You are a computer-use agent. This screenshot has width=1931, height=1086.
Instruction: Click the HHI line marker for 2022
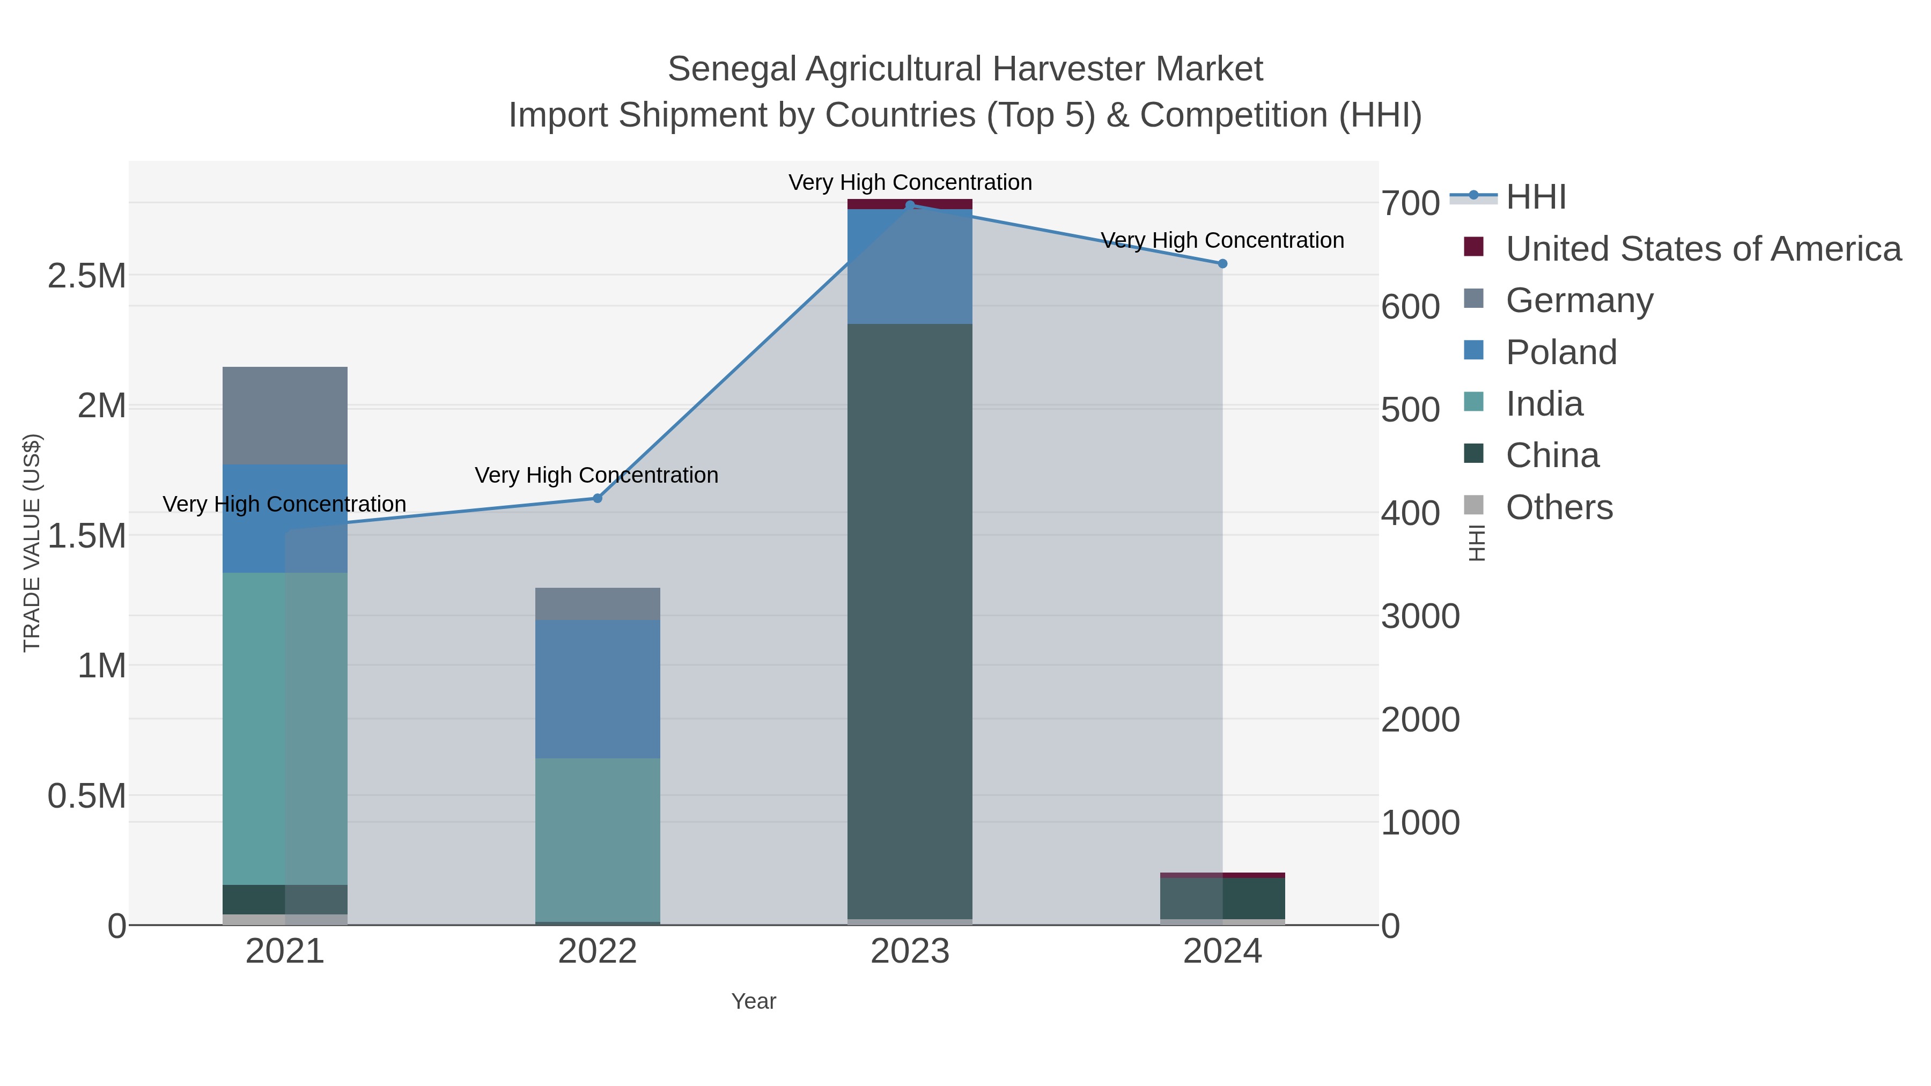[x=598, y=498]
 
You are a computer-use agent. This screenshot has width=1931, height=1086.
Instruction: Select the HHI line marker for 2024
[x=1222, y=264]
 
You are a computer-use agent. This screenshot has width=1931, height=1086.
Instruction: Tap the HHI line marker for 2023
[x=910, y=205]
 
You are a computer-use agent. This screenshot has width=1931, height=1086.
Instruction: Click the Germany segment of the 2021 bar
[x=285, y=416]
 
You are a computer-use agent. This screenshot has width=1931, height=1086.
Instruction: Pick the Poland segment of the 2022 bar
[x=598, y=689]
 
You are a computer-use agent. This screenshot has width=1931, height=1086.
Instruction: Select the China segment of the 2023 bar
[x=910, y=622]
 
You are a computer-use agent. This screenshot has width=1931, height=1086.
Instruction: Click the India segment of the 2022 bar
[x=598, y=839]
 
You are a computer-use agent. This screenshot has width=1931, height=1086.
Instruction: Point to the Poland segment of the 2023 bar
[x=910, y=267]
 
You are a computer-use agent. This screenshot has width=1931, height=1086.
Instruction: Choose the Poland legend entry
[x=1561, y=352]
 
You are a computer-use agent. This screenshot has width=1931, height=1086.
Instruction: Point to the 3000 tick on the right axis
[x=1420, y=617]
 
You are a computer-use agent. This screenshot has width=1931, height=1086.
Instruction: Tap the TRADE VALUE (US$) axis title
[x=32, y=543]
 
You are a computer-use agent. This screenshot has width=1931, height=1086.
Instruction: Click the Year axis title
[x=754, y=1001]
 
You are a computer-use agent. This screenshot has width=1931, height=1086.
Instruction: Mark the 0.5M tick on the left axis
[x=87, y=796]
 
